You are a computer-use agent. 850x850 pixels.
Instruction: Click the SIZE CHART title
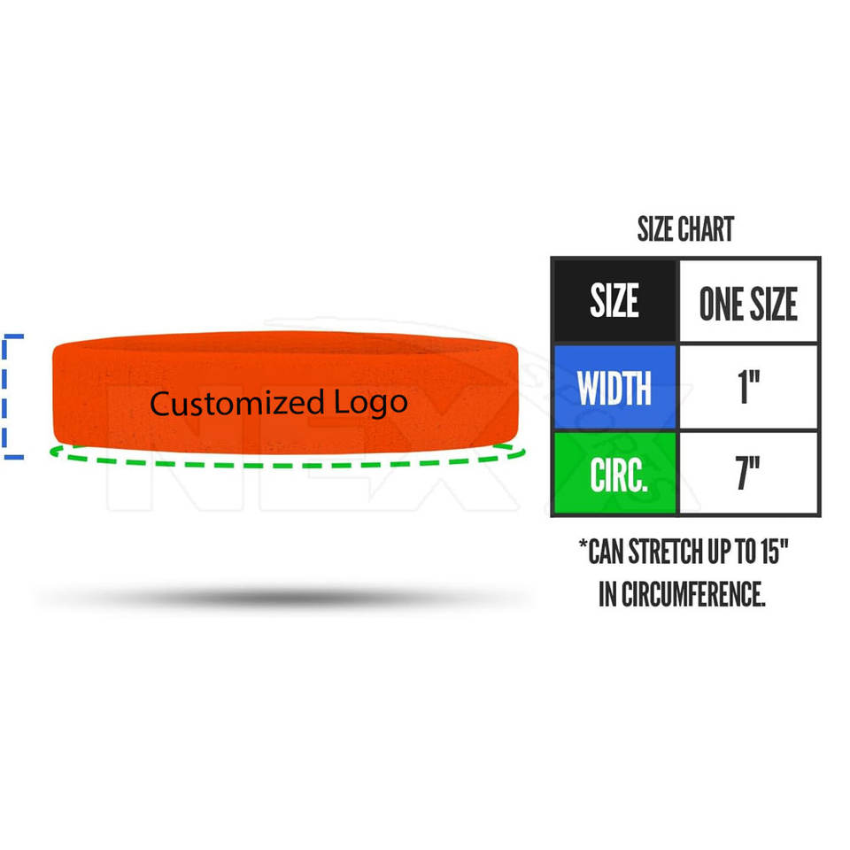pos(685,230)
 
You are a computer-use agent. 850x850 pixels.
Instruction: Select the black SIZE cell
pos(614,301)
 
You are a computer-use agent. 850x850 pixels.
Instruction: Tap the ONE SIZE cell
pos(748,302)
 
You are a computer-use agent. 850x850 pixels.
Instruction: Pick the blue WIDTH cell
pos(614,388)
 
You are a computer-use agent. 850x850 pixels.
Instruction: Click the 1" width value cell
pos(748,388)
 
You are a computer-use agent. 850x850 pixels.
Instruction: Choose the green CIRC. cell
pos(614,473)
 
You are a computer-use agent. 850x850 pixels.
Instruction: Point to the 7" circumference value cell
pos(748,473)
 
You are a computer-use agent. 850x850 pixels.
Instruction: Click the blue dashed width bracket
pos(9,397)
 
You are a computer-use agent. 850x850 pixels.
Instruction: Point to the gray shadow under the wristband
pos(283,599)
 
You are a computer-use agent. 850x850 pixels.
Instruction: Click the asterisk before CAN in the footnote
pos(584,551)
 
